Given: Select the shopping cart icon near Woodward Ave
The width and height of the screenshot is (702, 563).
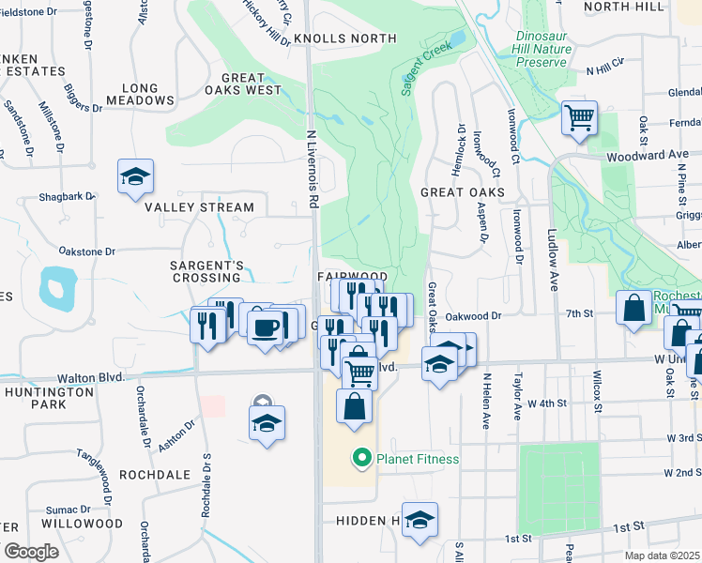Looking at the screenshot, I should [580, 119].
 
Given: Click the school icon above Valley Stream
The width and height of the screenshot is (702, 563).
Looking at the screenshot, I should [135, 176].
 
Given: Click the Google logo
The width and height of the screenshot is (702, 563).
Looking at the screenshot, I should [32, 552].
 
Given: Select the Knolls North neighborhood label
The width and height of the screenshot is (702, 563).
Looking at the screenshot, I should [344, 38].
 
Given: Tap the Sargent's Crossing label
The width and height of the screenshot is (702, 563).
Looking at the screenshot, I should [206, 271].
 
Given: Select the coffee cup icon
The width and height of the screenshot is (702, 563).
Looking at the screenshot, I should [266, 326].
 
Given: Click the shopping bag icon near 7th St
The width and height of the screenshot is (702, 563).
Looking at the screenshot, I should [633, 308].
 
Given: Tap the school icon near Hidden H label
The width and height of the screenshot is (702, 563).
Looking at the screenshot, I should [420, 520].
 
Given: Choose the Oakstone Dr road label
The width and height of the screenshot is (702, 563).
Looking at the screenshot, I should [86, 251].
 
